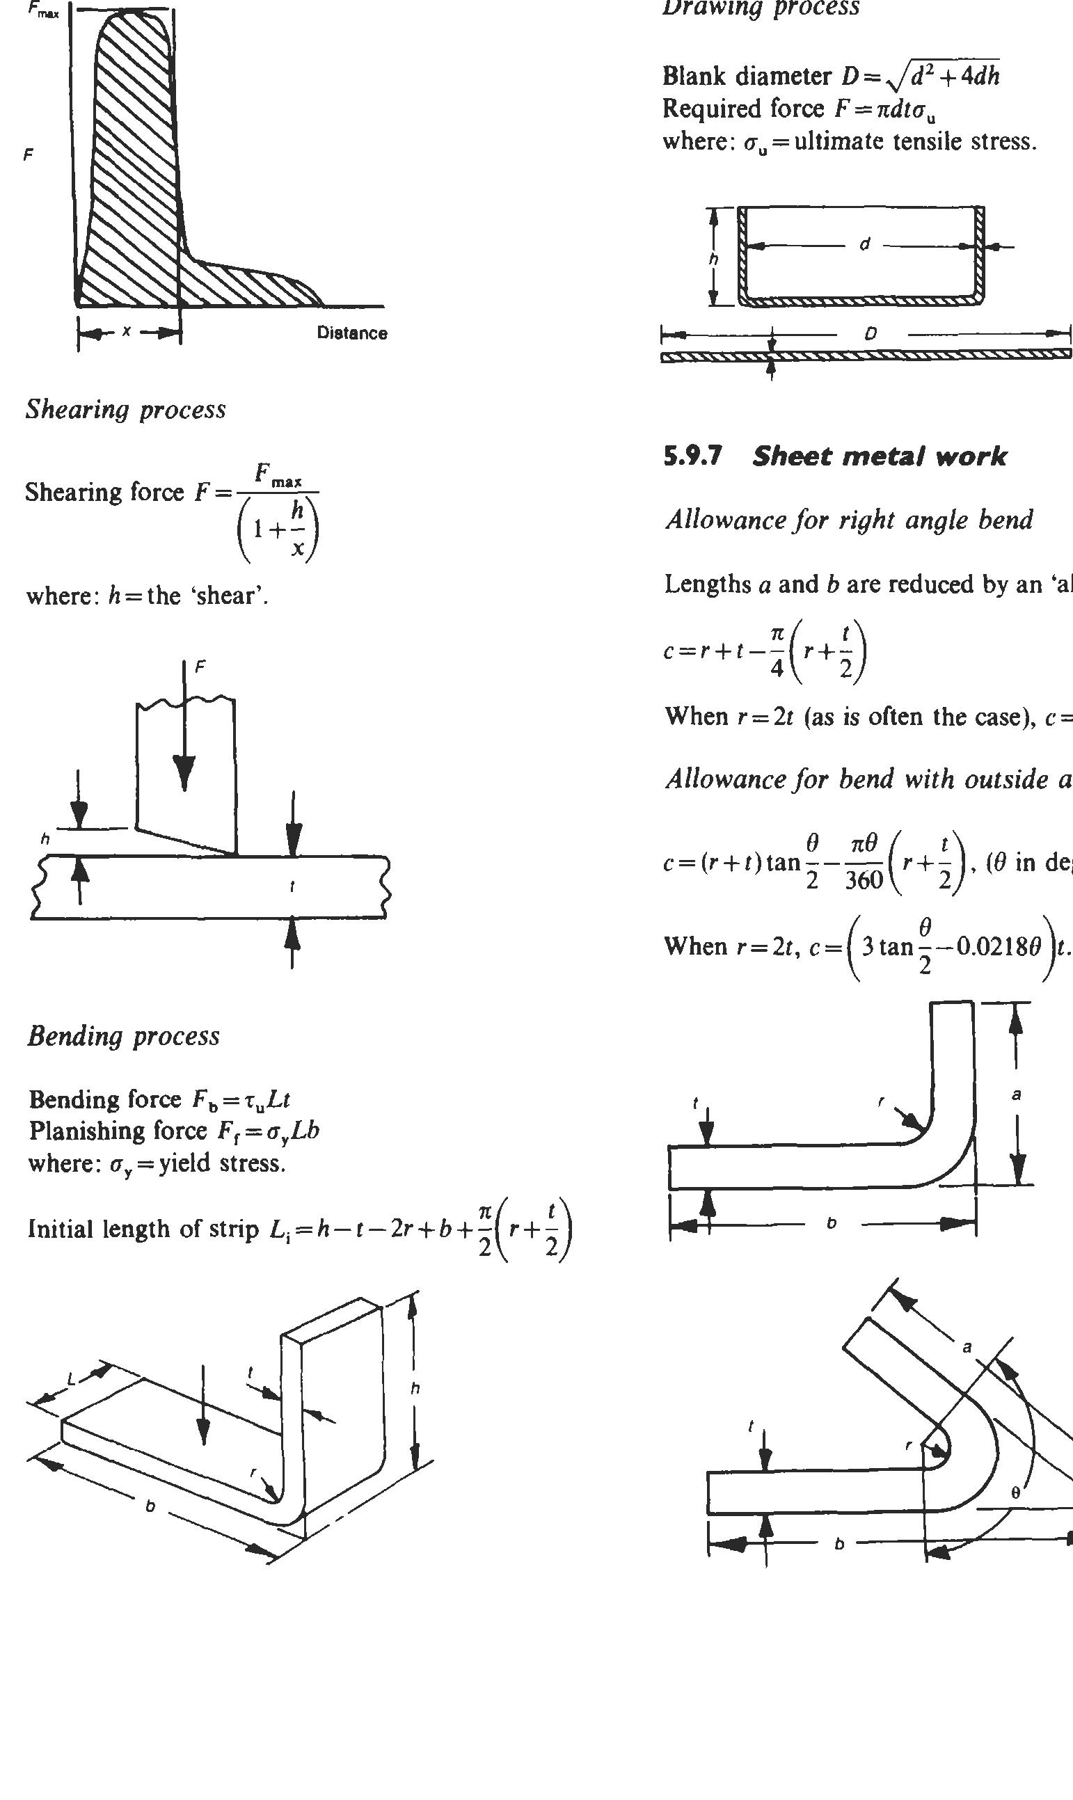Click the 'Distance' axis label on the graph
click(351, 333)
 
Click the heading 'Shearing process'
click(126, 410)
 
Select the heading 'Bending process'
click(124, 1036)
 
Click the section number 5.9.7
click(692, 456)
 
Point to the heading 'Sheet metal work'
click(878, 456)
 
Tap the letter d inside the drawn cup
click(864, 245)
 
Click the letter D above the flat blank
click(871, 334)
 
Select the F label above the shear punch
click(200, 667)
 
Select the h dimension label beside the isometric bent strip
click(415, 1388)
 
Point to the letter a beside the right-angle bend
click(1016, 1095)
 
